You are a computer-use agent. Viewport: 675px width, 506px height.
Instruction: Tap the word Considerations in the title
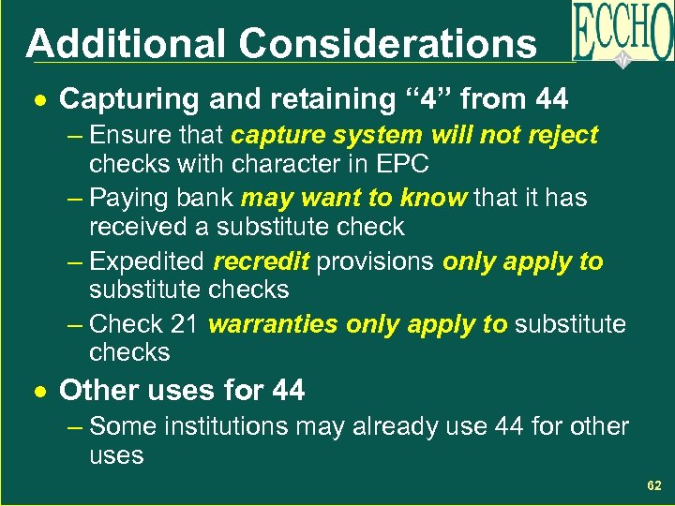click(x=387, y=44)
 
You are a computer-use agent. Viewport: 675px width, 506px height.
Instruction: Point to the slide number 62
click(x=654, y=485)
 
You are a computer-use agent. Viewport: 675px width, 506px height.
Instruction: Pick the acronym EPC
click(x=402, y=164)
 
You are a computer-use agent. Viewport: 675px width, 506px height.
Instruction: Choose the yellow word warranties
click(x=273, y=324)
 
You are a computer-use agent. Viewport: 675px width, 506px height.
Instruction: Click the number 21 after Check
click(x=184, y=324)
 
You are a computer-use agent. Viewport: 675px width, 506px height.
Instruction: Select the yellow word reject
click(x=561, y=135)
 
